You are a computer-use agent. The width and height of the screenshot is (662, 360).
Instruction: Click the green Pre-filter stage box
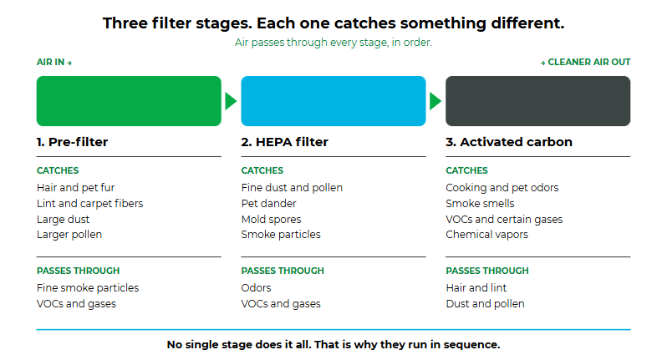click(x=129, y=101)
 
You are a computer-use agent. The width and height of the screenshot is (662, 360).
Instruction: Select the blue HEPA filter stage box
click(x=334, y=101)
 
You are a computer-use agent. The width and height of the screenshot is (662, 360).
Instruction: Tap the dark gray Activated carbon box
click(x=538, y=101)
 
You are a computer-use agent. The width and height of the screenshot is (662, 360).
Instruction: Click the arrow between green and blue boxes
click(x=231, y=101)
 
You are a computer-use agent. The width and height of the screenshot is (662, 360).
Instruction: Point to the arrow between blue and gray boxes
click(x=435, y=101)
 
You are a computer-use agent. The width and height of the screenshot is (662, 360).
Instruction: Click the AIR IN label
click(x=54, y=62)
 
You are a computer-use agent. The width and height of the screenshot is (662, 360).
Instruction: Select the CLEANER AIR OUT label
click(x=585, y=62)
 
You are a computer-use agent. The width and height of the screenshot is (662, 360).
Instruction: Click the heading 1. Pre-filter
click(x=72, y=142)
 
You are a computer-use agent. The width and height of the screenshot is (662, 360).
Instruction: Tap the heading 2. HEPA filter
click(x=284, y=142)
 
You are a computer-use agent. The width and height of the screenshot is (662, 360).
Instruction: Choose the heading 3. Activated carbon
click(x=509, y=142)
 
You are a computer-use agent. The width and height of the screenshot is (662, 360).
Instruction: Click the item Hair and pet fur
click(x=75, y=188)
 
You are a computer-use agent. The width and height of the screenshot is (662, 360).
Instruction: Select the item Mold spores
click(x=271, y=220)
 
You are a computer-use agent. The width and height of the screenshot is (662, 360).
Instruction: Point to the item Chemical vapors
click(x=486, y=234)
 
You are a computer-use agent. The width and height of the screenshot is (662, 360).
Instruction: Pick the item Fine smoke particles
click(x=88, y=288)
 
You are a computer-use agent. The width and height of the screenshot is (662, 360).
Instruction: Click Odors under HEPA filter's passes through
click(x=257, y=288)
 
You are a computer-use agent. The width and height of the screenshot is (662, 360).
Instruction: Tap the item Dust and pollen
click(x=485, y=304)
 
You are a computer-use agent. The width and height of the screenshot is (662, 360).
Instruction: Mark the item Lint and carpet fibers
click(x=90, y=204)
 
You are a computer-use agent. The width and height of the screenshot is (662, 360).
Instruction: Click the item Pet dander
click(x=268, y=204)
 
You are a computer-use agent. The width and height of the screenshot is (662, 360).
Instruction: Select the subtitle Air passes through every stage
click(x=334, y=43)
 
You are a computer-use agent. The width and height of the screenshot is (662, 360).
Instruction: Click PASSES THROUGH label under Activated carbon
click(x=487, y=271)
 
